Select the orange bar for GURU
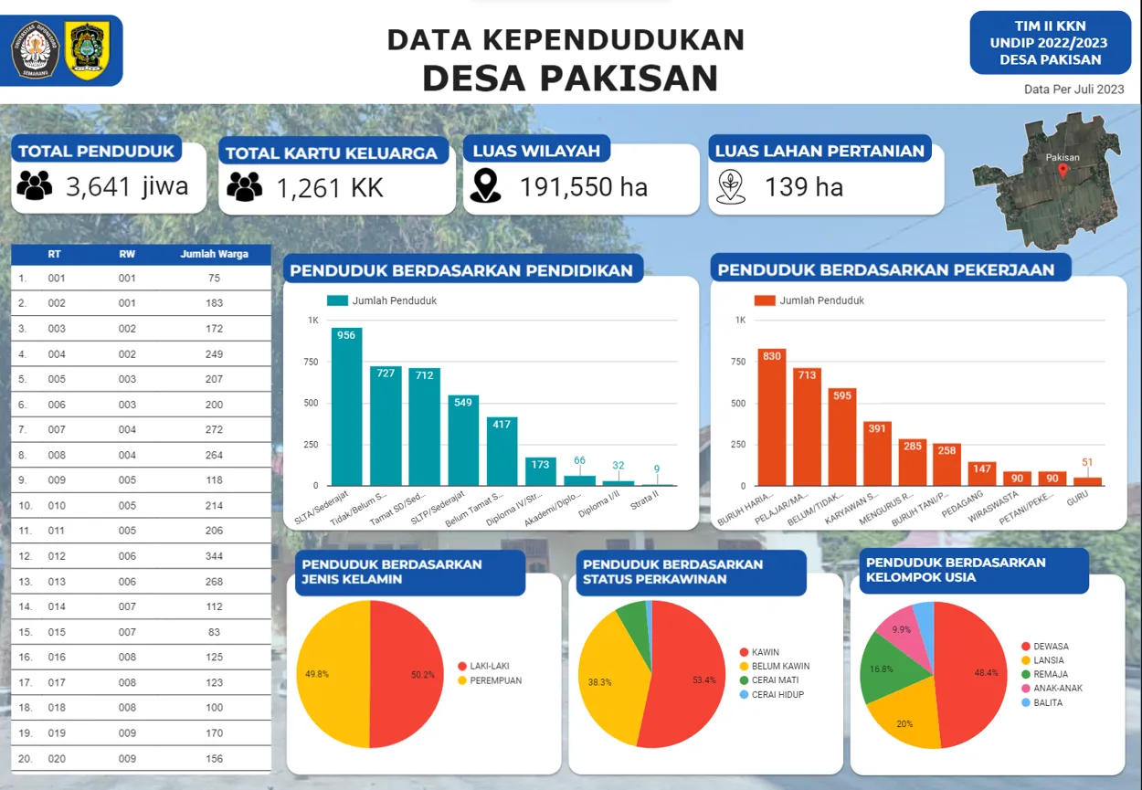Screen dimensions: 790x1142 [1087, 480]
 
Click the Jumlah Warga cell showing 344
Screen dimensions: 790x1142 [214, 556]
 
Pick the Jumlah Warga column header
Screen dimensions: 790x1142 [214, 254]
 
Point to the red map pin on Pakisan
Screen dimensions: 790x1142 [1063, 171]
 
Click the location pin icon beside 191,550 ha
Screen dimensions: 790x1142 [485, 186]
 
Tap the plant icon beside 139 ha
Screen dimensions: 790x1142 [729, 186]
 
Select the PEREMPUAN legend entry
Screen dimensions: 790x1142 [495, 680]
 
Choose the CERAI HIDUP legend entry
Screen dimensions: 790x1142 [777, 695]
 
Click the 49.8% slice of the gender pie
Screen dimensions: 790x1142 [333, 674]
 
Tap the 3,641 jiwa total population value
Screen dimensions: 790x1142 [127, 186]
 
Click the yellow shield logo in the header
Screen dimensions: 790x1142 [88, 50]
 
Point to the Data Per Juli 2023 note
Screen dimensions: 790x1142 [1073, 90]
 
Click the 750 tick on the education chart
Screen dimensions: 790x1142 [311, 363]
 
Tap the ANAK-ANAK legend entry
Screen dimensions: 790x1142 [1057, 688]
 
